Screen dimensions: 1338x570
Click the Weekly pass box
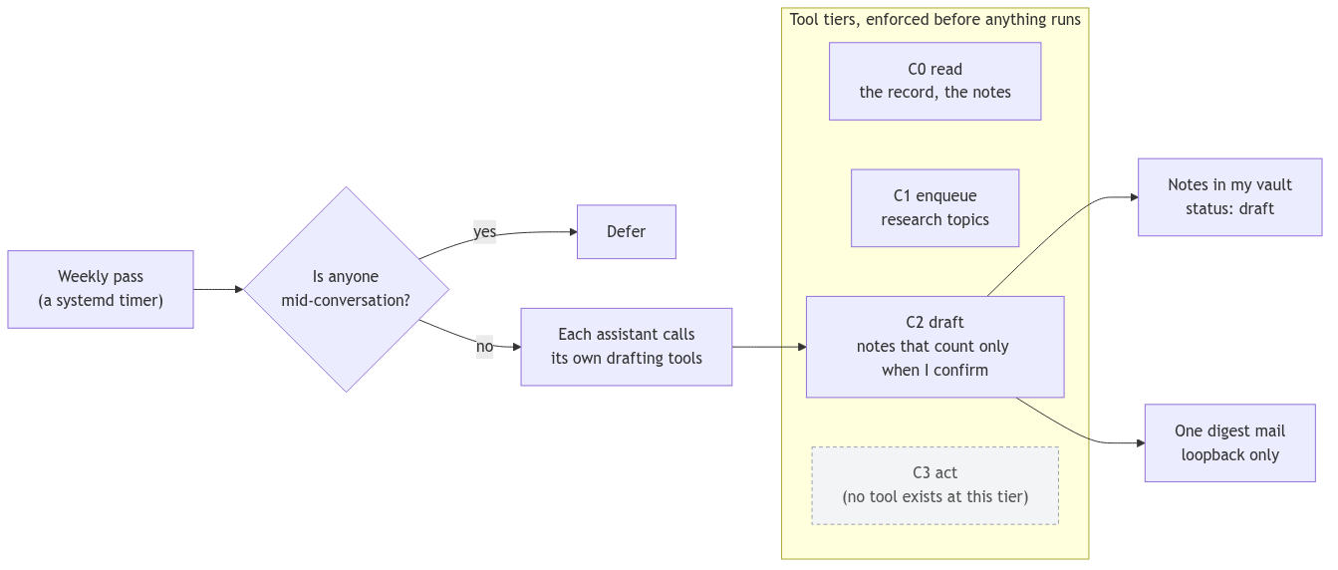[101, 289]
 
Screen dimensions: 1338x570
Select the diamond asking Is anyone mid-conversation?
[347, 289]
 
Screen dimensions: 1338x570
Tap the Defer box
[627, 232]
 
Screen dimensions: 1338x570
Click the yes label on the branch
[484, 232]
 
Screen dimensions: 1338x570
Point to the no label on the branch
[484, 347]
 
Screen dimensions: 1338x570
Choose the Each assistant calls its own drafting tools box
[627, 347]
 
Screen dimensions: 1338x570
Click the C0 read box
[935, 82]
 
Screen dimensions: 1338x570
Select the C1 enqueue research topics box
[935, 208]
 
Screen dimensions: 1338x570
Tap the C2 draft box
[935, 347]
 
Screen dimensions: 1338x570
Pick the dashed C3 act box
[935, 485]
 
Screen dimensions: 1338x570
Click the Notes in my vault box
[1229, 197]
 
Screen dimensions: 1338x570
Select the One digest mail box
[1229, 442]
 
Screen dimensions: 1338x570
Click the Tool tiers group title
[935, 20]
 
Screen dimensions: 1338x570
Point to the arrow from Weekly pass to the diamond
[218, 289]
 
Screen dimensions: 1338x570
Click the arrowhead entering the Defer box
[574, 232]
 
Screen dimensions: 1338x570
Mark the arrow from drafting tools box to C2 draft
[769, 347]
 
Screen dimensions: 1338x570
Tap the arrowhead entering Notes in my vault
[1135, 197]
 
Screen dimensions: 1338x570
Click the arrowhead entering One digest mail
[1141, 442]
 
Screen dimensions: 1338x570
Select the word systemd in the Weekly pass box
[84, 301]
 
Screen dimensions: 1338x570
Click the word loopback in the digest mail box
[1208, 455]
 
